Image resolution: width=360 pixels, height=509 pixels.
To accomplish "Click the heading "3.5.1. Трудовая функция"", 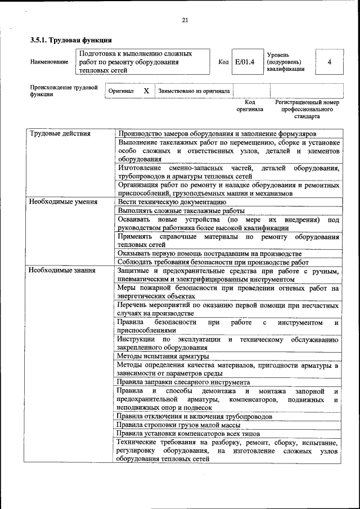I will pos(71,40).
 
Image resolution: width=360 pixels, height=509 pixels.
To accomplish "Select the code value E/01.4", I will pos(245,62).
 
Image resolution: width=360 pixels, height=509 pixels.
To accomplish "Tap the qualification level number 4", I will pos(329,62).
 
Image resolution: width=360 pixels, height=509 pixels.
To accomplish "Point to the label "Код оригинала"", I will pos(250,106).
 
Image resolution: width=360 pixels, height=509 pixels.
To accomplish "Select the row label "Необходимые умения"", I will pos(64,201).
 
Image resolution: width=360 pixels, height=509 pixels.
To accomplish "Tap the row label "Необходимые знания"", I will pos(62,271).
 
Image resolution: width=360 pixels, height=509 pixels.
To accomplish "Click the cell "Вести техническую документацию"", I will pos(172,201).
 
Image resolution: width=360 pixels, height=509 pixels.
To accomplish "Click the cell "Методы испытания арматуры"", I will pos(163,356).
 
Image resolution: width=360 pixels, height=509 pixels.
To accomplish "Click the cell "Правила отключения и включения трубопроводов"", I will pos(195,416).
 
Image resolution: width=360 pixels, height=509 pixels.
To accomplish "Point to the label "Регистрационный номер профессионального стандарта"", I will pos(307,110).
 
